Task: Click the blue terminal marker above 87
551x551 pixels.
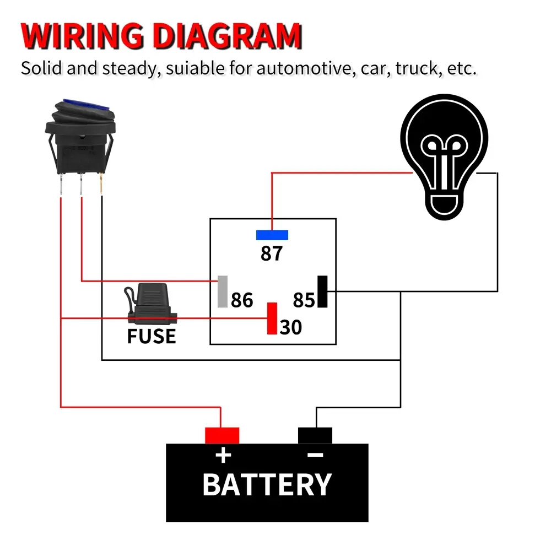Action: click(x=272, y=235)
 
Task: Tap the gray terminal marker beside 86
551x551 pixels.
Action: click(x=223, y=291)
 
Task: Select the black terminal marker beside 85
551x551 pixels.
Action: click(x=322, y=291)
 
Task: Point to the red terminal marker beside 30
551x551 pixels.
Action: click(x=272, y=318)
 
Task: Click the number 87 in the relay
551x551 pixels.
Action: click(x=272, y=253)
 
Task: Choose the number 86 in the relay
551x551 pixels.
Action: click(x=242, y=300)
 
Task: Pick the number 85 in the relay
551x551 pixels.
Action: click(x=304, y=300)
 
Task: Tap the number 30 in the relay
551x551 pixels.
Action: click(x=291, y=327)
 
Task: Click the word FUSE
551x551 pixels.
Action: click(x=152, y=336)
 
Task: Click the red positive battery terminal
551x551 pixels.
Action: click(x=222, y=435)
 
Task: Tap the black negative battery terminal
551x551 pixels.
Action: click(x=315, y=435)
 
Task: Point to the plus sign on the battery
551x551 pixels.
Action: click(x=223, y=456)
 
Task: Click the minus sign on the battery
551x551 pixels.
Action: click(x=315, y=455)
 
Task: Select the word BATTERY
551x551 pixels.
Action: click(x=267, y=485)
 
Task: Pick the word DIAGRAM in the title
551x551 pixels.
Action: click(x=227, y=37)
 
